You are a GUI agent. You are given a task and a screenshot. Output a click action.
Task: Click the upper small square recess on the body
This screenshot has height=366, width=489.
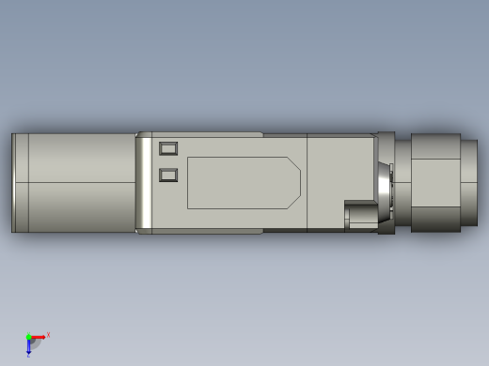168,148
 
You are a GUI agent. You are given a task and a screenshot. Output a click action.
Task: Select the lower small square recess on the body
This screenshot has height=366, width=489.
168,175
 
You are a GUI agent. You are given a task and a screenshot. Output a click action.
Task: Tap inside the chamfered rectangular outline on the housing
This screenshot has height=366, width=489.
240,183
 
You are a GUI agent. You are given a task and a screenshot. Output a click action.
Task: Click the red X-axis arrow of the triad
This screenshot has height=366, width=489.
39,337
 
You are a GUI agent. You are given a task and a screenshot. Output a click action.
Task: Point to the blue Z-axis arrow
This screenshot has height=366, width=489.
28,346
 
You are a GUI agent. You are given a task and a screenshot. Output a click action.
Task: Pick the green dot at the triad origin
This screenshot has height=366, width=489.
28,337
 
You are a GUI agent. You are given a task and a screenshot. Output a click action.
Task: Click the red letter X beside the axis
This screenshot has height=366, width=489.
48,334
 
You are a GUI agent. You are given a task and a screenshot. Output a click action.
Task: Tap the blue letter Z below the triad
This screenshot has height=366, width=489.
28,356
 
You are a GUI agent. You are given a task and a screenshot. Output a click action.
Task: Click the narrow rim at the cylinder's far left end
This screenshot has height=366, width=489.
14,182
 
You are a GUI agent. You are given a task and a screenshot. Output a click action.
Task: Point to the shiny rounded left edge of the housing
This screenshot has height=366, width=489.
144,182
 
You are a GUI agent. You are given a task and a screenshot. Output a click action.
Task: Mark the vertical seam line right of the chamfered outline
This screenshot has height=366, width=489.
308,182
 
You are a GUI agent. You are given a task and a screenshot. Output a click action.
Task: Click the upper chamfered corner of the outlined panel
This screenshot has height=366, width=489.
293,164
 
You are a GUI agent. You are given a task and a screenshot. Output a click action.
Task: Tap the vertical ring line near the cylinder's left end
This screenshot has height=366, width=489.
28,182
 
